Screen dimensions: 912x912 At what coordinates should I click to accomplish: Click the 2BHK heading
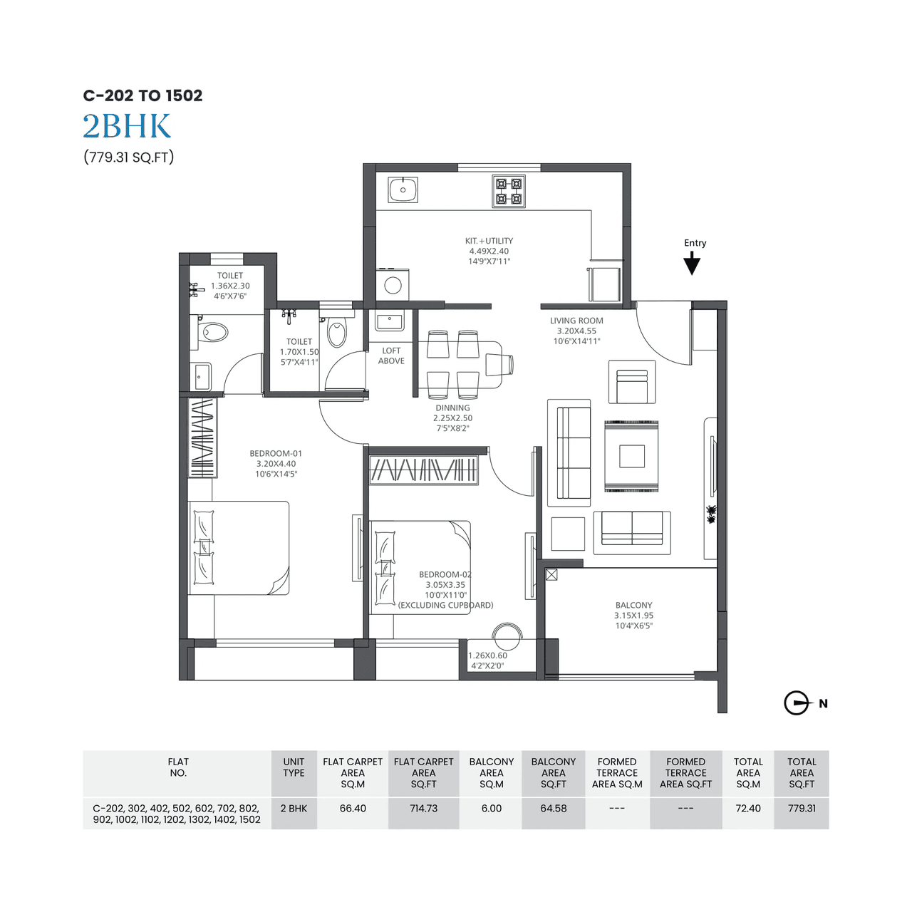127,127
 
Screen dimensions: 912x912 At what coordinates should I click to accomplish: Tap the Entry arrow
692,264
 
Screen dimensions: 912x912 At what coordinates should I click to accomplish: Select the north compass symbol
797,703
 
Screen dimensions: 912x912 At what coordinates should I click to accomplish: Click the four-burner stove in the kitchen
509,191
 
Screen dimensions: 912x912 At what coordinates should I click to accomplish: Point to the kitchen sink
403,190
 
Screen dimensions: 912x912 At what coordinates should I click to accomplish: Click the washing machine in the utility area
393,285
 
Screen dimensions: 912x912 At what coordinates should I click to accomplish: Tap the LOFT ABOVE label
391,356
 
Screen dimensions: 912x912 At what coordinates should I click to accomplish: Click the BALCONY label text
633,605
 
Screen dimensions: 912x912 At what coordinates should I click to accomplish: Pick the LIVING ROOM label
576,321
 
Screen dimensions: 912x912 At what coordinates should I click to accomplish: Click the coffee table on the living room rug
631,456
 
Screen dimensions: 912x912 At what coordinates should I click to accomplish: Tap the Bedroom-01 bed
239,548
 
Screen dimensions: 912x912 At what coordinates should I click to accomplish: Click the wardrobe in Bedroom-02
423,470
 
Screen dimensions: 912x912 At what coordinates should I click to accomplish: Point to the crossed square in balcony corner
551,574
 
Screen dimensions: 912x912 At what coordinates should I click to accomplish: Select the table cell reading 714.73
423,809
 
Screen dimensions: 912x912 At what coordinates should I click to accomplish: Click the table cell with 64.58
553,809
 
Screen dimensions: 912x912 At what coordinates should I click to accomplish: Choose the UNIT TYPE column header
294,767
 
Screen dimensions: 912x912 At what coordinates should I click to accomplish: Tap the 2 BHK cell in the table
294,809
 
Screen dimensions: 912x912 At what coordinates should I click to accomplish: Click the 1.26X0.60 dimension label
488,655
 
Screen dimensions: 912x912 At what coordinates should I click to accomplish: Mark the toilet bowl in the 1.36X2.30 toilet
213,332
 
